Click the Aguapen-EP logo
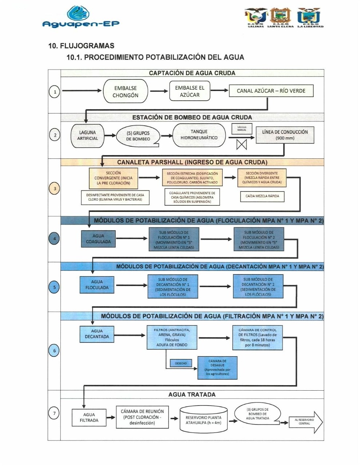[81, 17]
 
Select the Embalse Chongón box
[125, 91]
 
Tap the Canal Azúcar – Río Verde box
[271, 91]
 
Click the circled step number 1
[55, 91]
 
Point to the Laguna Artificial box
[88, 135]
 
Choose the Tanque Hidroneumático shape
[199, 135]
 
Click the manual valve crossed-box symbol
[241, 145]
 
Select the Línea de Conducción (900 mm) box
[285, 135]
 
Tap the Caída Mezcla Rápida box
[262, 196]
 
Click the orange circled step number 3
[55, 189]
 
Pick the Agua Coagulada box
[98, 239]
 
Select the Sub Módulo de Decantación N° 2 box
[258, 287]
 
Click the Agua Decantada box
[97, 334]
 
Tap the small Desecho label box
[181, 363]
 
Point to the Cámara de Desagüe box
[217, 367]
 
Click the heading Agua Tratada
[192, 395]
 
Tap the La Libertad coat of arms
[309, 16]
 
